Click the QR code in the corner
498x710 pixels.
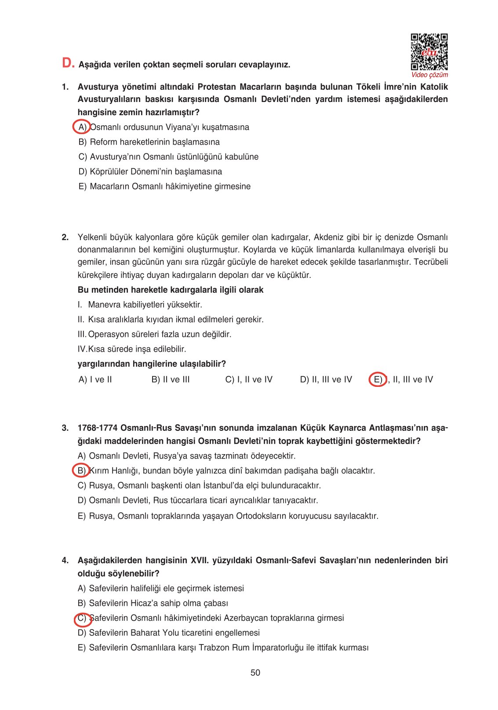(x=429, y=52)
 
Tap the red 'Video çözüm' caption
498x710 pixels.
(x=429, y=75)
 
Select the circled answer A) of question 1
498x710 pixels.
(x=82, y=127)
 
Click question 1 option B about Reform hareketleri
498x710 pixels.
(x=149, y=142)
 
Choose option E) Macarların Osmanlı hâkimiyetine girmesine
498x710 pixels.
(x=164, y=186)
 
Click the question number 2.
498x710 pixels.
(x=65, y=237)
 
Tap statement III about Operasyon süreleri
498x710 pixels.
(x=155, y=334)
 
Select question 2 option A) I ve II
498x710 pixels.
(x=95, y=379)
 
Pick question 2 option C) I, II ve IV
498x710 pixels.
(x=249, y=379)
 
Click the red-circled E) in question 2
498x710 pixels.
(x=378, y=379)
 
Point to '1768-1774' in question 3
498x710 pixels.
(x=97, y=428)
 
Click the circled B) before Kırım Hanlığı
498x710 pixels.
(x=81, y=470)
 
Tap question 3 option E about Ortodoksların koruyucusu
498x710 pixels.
(x=228, y=516)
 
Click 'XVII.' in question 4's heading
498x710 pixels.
(x=200, y=560)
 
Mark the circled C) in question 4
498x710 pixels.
(x=82, y=618)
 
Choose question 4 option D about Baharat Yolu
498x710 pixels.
(x=169, y=633)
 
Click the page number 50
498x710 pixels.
(x=255, y=673)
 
